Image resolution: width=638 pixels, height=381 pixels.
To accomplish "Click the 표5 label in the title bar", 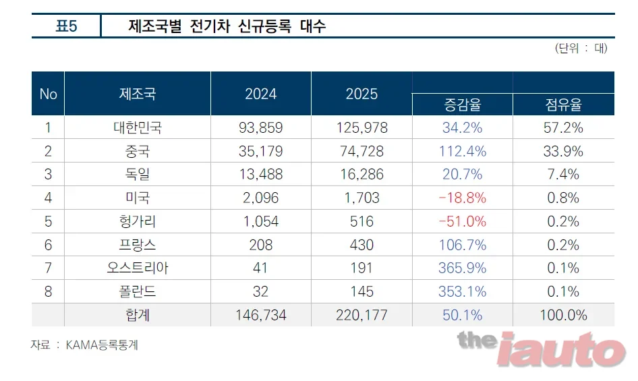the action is click(66, 26).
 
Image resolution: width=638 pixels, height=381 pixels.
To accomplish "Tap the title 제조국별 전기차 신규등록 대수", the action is click(227, 26).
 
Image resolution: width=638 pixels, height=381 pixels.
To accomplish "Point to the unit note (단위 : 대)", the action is click(581, 48).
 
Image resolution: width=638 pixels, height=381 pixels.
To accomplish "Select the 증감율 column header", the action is click(462, 105).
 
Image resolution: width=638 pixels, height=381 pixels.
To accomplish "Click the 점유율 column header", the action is click(564, 105).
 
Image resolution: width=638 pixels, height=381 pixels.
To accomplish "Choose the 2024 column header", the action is click(261, 94).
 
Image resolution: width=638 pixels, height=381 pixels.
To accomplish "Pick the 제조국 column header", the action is click(138, 94).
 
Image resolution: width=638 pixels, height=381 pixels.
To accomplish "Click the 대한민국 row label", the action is click(138, 128).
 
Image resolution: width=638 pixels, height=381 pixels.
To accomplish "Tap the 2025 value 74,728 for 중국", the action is click(361, 152).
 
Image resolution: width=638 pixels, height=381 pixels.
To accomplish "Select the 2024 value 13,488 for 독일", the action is click(261, 175).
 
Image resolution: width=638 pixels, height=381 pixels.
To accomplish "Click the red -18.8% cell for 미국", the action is click(462, 198).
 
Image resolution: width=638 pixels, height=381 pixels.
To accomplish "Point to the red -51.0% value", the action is click(462, 222).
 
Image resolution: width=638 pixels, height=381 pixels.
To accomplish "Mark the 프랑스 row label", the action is click(138, 245).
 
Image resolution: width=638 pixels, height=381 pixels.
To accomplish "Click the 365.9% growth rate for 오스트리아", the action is click(462, 268).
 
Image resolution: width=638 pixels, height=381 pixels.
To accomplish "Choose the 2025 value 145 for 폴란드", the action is click(361, 292).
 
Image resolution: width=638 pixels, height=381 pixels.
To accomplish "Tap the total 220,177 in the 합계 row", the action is click(361, 316).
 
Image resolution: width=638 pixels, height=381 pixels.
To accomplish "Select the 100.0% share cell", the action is click(564, 316).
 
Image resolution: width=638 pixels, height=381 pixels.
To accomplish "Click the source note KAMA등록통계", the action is click(102, 345).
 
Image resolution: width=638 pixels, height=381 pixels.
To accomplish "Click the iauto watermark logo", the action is click(560, 349).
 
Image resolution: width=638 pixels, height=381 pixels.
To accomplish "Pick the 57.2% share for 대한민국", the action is click(564, 128).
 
